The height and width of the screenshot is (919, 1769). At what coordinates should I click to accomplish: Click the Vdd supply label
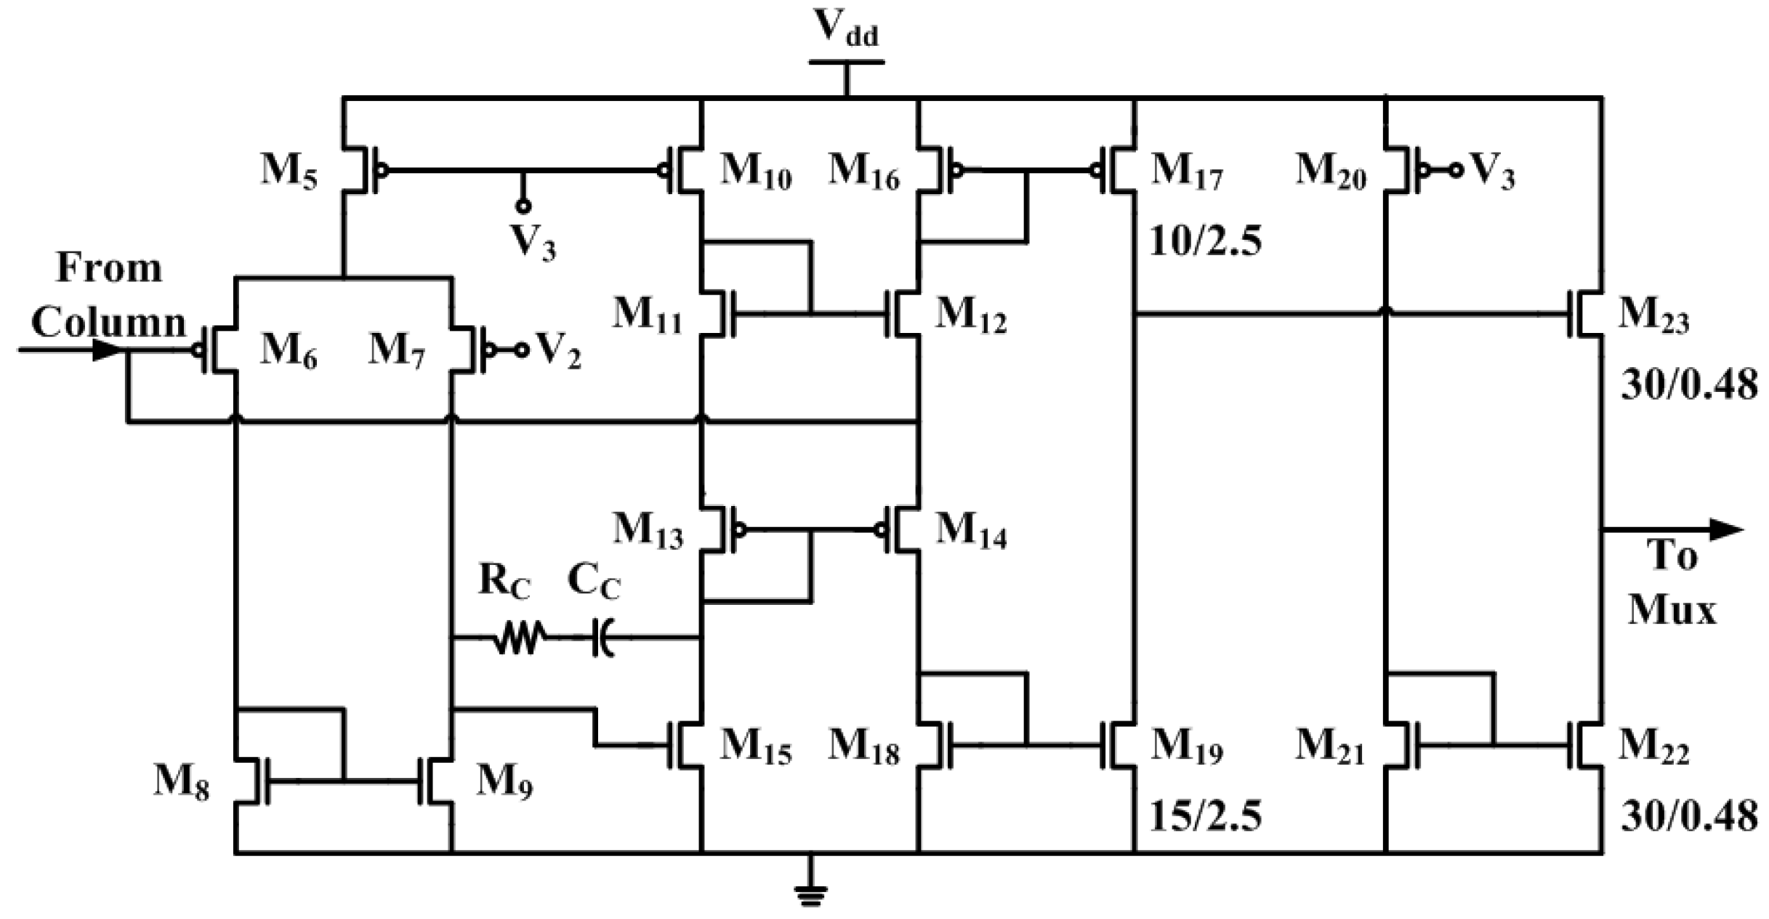(x=845, y=29)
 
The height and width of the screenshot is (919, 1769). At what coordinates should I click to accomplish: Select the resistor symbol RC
(x=517, y=638)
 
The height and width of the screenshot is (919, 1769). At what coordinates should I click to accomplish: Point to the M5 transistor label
(x=289, y=172)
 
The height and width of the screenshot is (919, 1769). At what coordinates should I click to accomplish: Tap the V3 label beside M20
(x=1492, y=173)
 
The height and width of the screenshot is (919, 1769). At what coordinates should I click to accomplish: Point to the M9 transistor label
(x=504, y=784)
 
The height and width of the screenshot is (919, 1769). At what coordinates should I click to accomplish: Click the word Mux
(x=1670, y=609)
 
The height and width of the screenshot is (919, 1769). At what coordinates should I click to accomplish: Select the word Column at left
(x=109, y=321)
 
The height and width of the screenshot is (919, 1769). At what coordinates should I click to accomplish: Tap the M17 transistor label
(x=1187, y=173)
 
